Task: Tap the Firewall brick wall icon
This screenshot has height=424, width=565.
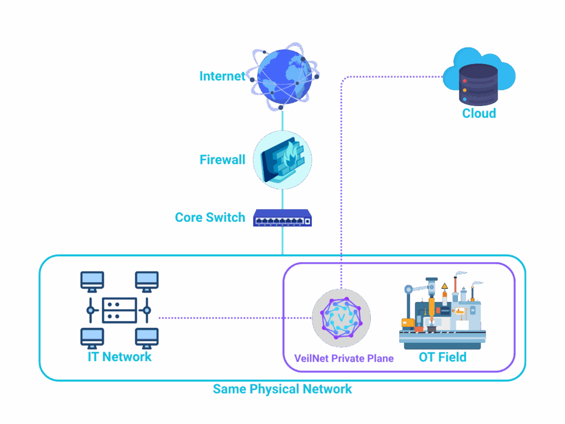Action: click(x=282, y=160)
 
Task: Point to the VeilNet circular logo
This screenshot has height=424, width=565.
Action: click(x=341, y=317)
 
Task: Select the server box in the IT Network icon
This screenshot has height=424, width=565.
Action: click(x=119, y=310)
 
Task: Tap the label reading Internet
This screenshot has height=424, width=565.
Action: click(x=222, y=76)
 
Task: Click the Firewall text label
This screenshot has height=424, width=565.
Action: click(x=222, y=160)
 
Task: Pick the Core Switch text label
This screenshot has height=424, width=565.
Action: click(x=210, y=218)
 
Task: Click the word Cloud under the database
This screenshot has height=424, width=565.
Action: click(x=479, y=114)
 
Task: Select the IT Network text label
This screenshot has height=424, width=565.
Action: click(x=120, y=357)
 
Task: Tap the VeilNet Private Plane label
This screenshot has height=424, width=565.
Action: click(x=344, y=358)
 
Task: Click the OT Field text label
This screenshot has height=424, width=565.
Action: click(x=443, y=357)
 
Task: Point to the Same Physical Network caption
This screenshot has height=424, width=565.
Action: click(x=282, y=389)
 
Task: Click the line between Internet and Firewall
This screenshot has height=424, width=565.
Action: click(x=282, y=120)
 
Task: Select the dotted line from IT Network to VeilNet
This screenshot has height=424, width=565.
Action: click(x=232, y=317)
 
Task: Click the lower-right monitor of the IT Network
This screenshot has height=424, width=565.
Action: click(x=147, y=337)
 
